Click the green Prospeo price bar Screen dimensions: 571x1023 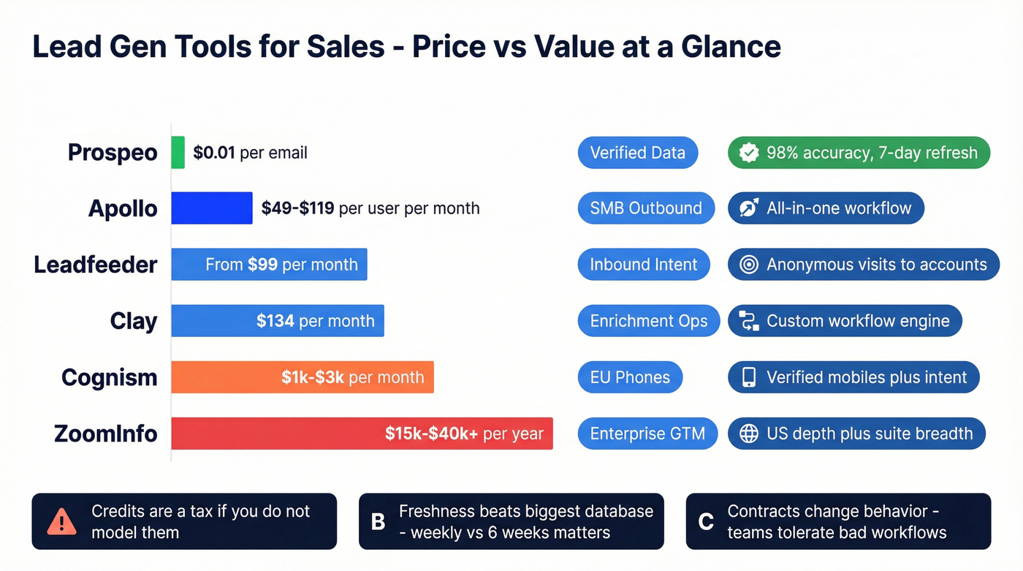pos(178,152)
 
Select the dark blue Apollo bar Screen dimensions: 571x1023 pos(212,208)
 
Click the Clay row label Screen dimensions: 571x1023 pos(134,321)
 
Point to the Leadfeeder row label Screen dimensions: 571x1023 pos(96,265)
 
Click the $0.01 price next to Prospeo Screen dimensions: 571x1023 pos(214,153)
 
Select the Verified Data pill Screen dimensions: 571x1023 pos(637,153)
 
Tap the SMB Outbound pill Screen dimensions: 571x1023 pos(646,208)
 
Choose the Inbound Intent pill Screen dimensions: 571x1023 pos(644,265)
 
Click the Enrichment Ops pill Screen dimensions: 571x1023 pos(649,321)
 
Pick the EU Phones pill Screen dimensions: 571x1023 pos(630,377)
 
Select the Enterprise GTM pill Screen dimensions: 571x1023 pos(647,434)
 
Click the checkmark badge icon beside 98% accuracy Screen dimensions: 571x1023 pos(749,153)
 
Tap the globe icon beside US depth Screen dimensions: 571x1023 pos(749,434)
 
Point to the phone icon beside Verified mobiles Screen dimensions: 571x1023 pos(749,377)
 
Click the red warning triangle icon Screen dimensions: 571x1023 pos(61,522)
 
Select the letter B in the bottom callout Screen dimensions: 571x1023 pos(379,522)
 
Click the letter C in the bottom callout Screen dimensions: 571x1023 pos(706,522)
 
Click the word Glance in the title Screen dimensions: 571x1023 pos(731,47)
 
